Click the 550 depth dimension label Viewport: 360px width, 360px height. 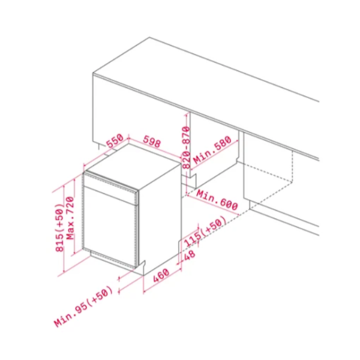tap(115, 141)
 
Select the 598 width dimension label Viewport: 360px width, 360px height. tap(152, 142)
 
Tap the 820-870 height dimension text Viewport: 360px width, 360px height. tap(186, 148)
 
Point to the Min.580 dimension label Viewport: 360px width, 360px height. tap(212, 150)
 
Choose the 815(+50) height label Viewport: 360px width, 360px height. tap(59, 227)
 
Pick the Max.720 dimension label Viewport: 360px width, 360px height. tap(70, 218)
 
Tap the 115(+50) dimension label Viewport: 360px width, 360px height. tap(205, 232)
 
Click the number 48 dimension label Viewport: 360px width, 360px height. tap(190, 255)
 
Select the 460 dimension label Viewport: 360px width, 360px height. tap(161, 275)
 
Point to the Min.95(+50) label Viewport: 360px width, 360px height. tap(83, 306)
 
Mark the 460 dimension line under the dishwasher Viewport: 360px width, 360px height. tap(163, 281)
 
